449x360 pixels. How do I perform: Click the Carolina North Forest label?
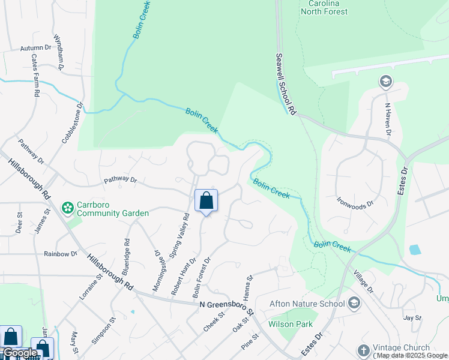325,7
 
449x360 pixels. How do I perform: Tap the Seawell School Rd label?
286,84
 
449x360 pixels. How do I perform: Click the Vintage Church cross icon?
363,350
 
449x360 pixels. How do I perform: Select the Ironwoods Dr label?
355,202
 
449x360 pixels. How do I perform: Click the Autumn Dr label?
36,48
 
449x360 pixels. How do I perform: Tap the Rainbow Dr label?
61,254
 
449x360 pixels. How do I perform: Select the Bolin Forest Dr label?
202,278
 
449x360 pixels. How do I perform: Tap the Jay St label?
411,317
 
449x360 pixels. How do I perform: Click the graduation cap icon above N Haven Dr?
385,81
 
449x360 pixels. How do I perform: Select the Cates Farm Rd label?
35,76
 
